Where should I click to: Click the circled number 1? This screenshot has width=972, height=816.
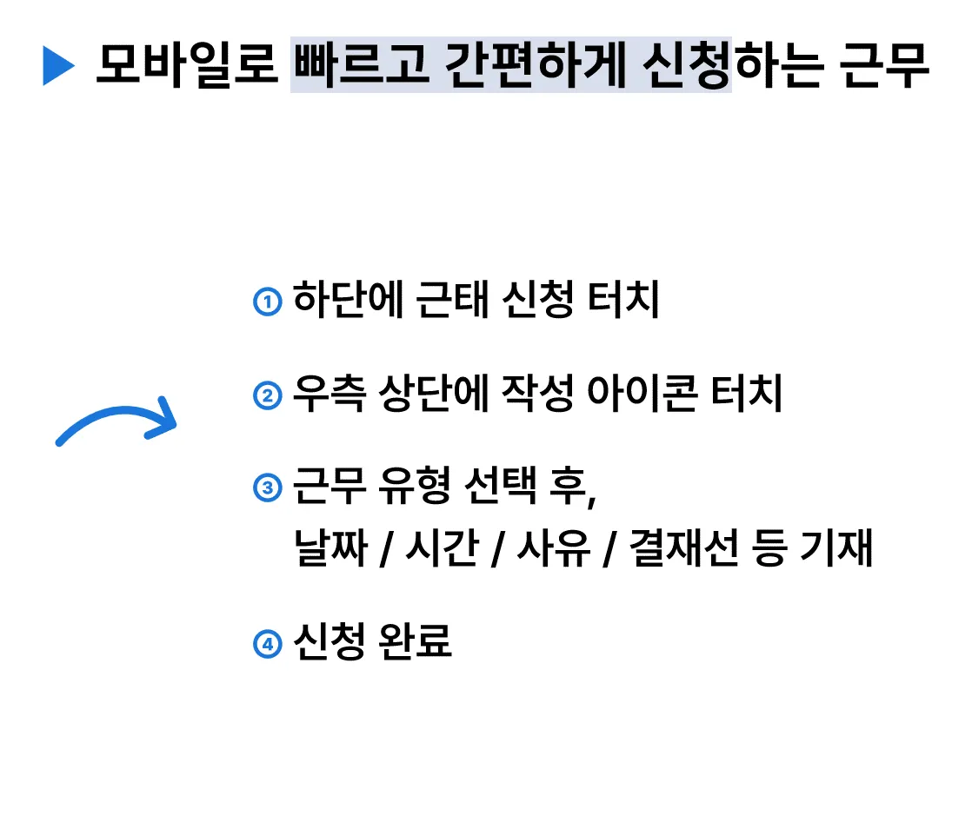point(267,302)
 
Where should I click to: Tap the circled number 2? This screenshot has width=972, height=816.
point(267,396)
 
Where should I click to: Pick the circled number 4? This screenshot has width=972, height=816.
point(267,644)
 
